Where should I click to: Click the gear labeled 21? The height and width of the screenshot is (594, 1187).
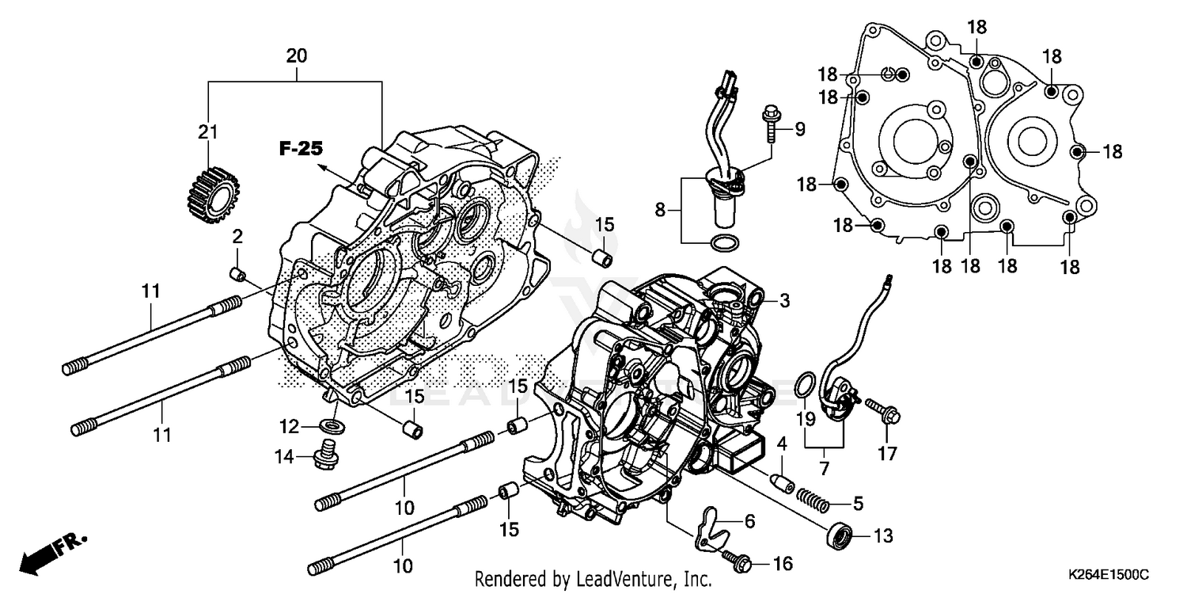(210, 191)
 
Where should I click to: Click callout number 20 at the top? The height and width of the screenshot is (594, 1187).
(296, 56)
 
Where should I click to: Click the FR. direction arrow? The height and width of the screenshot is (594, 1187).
(47, 553)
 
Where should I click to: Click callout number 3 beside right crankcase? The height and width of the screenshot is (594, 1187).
(784, 300)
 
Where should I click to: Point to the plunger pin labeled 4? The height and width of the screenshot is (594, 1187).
(782, 482)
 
